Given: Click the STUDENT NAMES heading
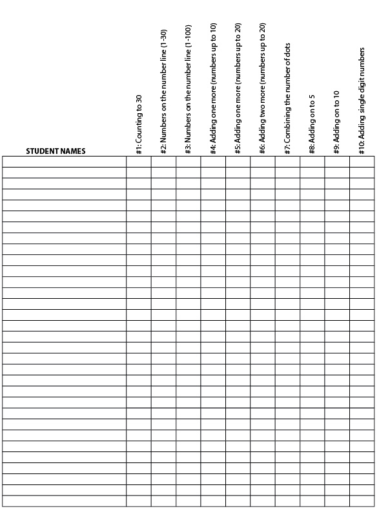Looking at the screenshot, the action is pyautogui.click(x=56, y=151).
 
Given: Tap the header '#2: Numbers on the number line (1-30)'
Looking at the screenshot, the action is pyautogui.click(x=163, y=91).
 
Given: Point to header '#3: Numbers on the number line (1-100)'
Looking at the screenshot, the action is pyautogui.click(x=189, y=90).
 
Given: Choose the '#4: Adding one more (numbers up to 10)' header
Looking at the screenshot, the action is pyautogui.click(x=213, y=87).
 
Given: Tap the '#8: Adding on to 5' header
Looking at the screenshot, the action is pyautogui.click(x=312, y=123).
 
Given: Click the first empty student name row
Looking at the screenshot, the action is pyautogui.click(x=65, y=162).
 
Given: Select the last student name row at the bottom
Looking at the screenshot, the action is pyautogui.click(x=65, y=501).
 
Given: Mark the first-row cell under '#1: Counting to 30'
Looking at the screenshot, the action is pyautogui.click(x=139, y=162).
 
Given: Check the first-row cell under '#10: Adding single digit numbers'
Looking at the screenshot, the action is pyautogui.click(x=362, y=162).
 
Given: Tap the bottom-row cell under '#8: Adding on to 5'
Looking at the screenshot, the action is pyautogui.click(x=312, y=501).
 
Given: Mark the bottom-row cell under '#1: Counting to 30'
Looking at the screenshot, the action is pyautogui.click(x=139, y=501).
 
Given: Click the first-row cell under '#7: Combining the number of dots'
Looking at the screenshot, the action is pyautogui.click(x=287, y=162).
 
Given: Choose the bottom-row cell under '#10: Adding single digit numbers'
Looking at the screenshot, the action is pyautogui.click(x=362, y=501).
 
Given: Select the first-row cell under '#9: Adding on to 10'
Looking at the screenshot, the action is pyautogui.click(x=337, y=162).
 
